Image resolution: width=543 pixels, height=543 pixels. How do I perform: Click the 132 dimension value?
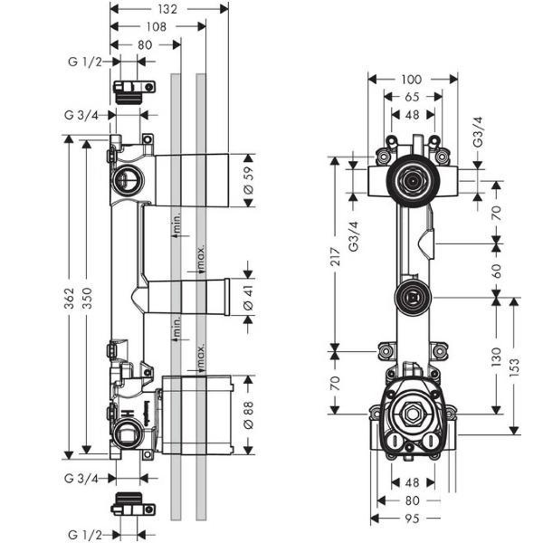pos(167,9)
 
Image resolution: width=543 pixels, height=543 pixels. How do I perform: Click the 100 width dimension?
pos(412,80)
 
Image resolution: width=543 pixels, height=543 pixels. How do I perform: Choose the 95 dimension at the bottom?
pos(411,520)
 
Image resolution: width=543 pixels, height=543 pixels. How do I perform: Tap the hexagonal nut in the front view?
pos(413,416)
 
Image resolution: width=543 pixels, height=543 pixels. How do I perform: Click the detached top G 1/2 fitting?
pos(127,87)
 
